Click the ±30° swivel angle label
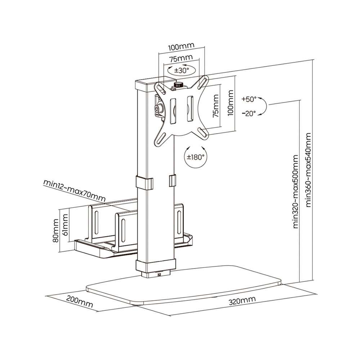[x=181, y=70]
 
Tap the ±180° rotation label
[x=195, y=157]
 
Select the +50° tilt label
[x=249, y=99]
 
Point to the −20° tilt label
[x=249, y=113]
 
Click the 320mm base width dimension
[x=242, y=301]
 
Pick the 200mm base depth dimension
[x=80, y=301]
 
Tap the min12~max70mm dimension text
[x=75, y=191]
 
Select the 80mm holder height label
[x=55, y=230]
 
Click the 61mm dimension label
[x=65, y=225]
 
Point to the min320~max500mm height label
[x=296, y=192]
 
